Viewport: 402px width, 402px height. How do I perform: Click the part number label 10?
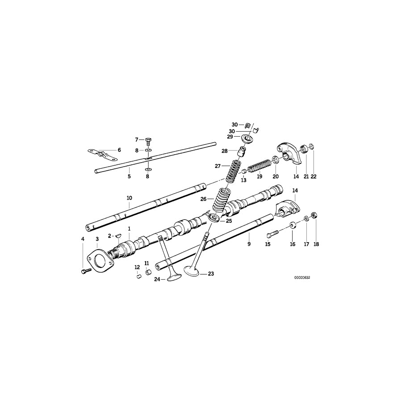(x=129, y=198)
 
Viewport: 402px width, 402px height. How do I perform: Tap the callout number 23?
(x=211, y=274)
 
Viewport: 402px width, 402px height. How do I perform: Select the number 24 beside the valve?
(x=157, y=280)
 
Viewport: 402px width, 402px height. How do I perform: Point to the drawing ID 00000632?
(x=302, y=277)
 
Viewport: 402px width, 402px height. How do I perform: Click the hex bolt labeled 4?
(x=84, y=271)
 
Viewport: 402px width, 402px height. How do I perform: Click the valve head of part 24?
(x=173, y=279)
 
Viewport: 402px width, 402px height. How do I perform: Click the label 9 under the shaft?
(x=249, y=244)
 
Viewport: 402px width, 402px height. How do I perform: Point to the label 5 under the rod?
(x=129, y=177)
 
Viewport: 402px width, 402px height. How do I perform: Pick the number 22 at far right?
(x=314, y=177)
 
